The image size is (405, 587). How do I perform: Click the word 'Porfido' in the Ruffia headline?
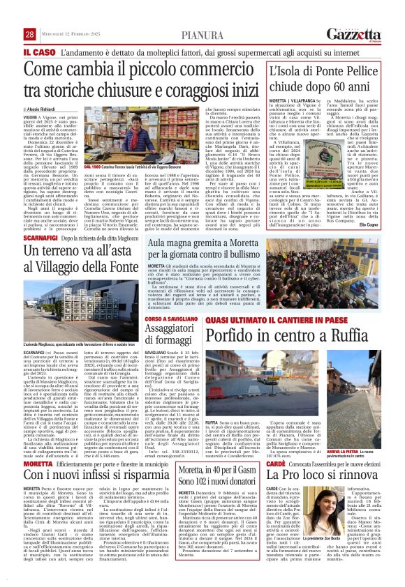(241, 336)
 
